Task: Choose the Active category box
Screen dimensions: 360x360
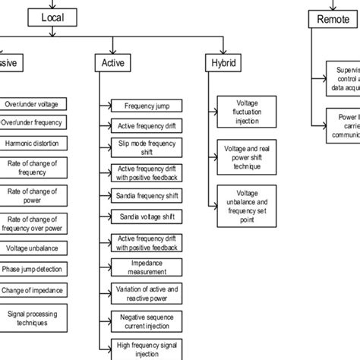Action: click(112, 64)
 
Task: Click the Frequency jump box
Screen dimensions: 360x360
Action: click(147, 106)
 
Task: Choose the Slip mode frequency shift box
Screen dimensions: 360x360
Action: click(147, 147)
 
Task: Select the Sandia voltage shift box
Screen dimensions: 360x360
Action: click(147, 217)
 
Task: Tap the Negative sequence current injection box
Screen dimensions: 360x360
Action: click(147, 321)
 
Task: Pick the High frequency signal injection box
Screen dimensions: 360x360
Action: click(147, 346)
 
